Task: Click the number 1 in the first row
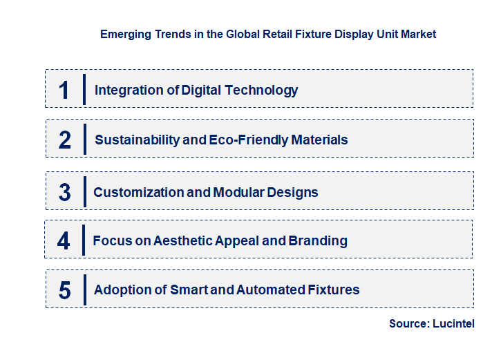64,90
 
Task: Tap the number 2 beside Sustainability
65,140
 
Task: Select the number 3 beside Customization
65,192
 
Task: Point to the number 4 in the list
64,241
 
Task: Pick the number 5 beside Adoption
65,290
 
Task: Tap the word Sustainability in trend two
137,140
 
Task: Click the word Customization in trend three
139,192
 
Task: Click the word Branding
318,241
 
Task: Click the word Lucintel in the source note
455,323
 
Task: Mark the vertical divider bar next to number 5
84,290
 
